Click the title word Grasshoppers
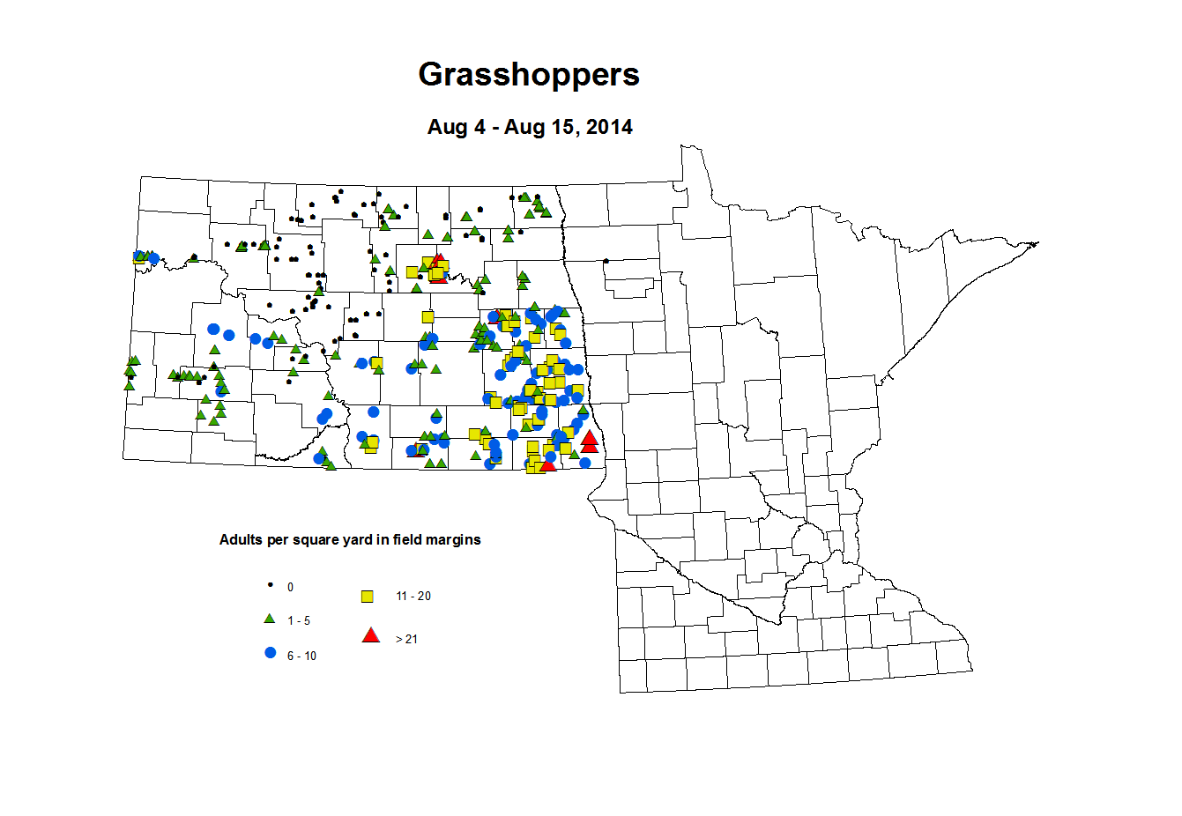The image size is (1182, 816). [x=529, y=75]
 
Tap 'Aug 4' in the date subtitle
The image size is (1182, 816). [x=456, y=127]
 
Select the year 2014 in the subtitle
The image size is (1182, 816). [x=609, y=127]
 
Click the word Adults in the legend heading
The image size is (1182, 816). [x=240, y=540]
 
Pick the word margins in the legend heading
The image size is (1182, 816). [x=455, y=540]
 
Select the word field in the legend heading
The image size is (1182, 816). [x=406, y=540]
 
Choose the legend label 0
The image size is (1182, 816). [x=290, y=587]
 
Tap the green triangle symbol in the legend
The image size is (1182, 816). [x=271, y=619]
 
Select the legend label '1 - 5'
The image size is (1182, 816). [x=299, y=621]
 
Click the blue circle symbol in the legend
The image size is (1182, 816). [x=271, y=653]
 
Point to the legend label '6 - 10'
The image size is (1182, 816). [x=301, y=657]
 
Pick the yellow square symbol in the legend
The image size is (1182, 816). [x=368, y=597]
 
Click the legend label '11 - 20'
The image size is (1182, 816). [x=413, y=597]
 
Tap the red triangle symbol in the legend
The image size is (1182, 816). [x=371, y=634]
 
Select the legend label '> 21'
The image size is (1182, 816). [x=406, y=640]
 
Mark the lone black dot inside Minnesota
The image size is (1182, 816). [x=606, y=261]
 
